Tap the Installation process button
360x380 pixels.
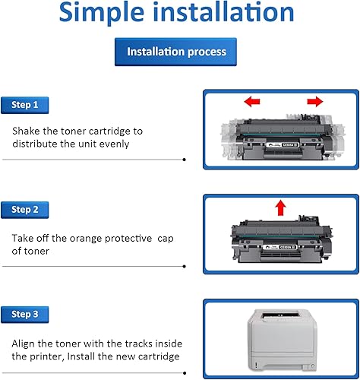(x=176, y=52)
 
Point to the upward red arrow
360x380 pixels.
(x=280, y=206)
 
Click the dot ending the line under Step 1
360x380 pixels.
(x=185, y=160)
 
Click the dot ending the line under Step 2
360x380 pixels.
(x=185, y=265)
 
